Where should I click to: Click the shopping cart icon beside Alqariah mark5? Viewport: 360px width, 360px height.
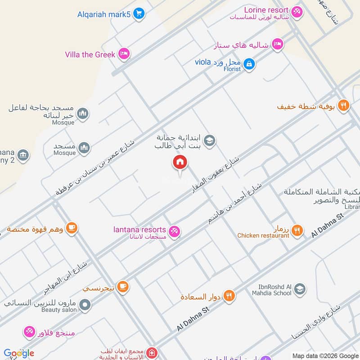(x=139, y=14)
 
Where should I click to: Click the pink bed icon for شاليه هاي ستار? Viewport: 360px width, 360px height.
(x=279, y=44)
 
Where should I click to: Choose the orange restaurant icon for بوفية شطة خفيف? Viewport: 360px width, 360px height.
(x=343, y=106)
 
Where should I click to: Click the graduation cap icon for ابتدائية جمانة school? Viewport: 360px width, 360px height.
(x=209, y=141)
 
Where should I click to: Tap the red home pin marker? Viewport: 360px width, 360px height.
(x=180, y=163)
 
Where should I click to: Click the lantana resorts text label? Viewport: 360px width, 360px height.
(x=139, y=229)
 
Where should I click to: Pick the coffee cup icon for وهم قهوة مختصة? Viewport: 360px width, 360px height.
(x=72, y=228)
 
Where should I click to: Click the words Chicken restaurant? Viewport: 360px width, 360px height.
(x=263, y=235)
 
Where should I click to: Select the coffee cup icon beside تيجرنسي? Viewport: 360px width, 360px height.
(x=122, y=286)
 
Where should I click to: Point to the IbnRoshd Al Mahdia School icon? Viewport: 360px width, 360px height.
(x=300, y=289)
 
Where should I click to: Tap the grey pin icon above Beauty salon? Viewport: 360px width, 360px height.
(x=84, y=306)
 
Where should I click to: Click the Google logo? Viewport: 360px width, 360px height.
(x=19, y=353)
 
